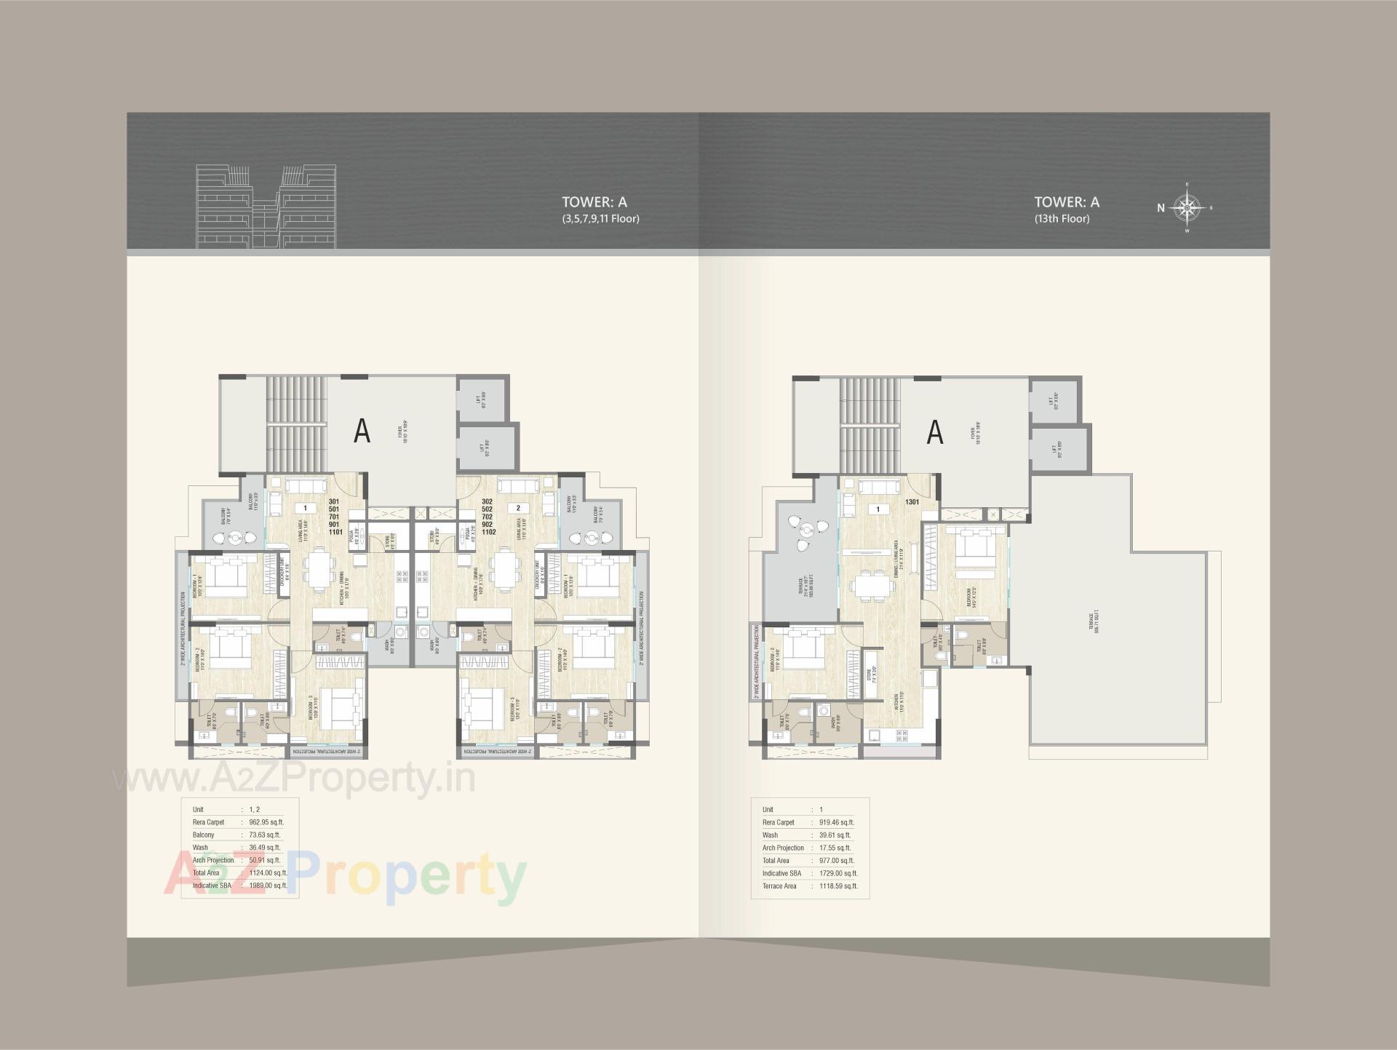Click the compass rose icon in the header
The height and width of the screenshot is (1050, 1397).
(x=1187, y=207)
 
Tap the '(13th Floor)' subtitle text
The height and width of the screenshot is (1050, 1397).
(x=1062, y=218)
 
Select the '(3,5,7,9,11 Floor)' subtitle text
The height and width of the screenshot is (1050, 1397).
(x=600, y=218)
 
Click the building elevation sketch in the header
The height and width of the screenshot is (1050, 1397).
(x=266, y=206)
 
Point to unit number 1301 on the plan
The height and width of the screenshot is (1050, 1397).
(x=912, y=502)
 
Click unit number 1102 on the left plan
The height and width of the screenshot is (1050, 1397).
(x=488, y=532)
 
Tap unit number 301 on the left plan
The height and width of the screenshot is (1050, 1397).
(x=334, y=502)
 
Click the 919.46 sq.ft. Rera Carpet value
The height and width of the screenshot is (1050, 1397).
(x=837, y=822)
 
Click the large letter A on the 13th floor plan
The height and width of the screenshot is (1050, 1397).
(x=934, y=432)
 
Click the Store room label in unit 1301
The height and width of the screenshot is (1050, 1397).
(x=869, y=675)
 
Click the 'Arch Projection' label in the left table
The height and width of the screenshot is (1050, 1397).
(x=213, y=860)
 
